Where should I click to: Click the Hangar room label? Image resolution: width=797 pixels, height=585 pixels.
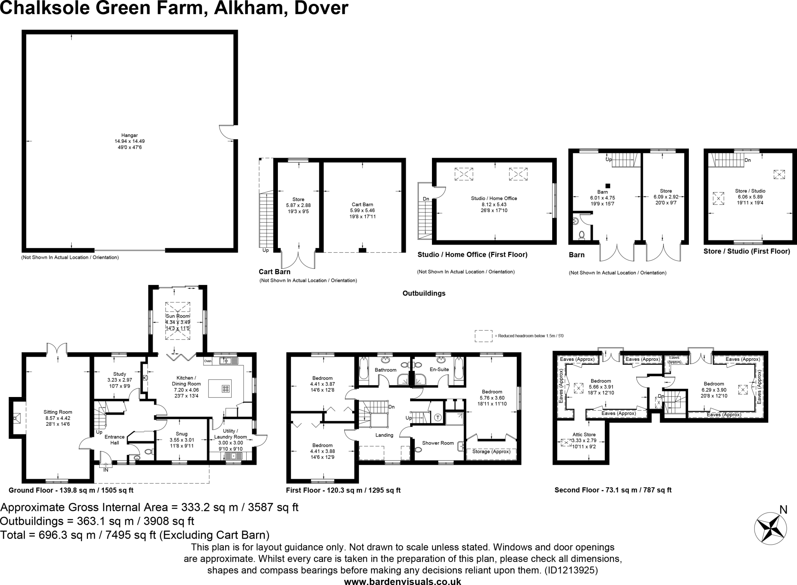(130, 135)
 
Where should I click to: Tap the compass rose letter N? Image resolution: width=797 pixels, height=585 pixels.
(783, 509)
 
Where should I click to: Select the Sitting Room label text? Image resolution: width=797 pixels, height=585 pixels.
(58, 412)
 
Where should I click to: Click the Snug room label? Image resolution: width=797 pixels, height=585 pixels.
(181, 434)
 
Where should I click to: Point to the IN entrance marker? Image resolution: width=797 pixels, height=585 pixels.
(105, 470)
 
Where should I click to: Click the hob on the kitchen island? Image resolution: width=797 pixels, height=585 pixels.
(226, 388)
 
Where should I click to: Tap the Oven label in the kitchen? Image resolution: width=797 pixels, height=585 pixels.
(207, 361)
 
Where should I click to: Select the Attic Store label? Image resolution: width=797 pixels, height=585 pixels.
(584, 434)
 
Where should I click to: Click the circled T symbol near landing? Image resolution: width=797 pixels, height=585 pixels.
(438, 417)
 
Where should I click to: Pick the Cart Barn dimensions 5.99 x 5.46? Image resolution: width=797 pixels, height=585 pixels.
(362, 211)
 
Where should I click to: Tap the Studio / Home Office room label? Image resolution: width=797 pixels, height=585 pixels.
(494, 198)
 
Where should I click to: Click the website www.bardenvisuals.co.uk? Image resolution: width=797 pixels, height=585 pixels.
(402, 581)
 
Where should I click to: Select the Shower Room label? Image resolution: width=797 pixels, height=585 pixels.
(438, 443)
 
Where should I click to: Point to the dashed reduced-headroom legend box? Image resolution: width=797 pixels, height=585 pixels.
(483, 336)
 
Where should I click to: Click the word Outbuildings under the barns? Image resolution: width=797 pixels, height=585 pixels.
(424, 293)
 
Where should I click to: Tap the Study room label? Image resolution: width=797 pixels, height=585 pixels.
(119, 374)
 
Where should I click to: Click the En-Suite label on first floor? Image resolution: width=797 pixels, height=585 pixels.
(439, 369)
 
